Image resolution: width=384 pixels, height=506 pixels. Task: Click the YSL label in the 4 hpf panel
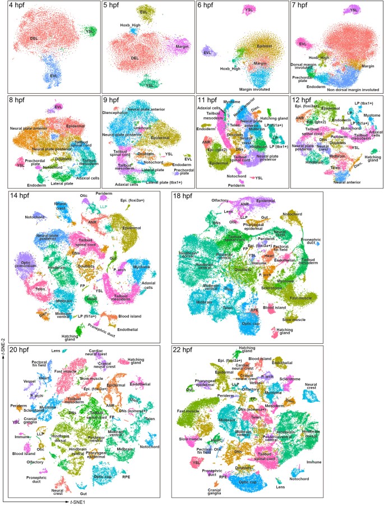[89, 31]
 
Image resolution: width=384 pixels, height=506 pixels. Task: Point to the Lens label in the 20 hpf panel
[55, 350]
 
